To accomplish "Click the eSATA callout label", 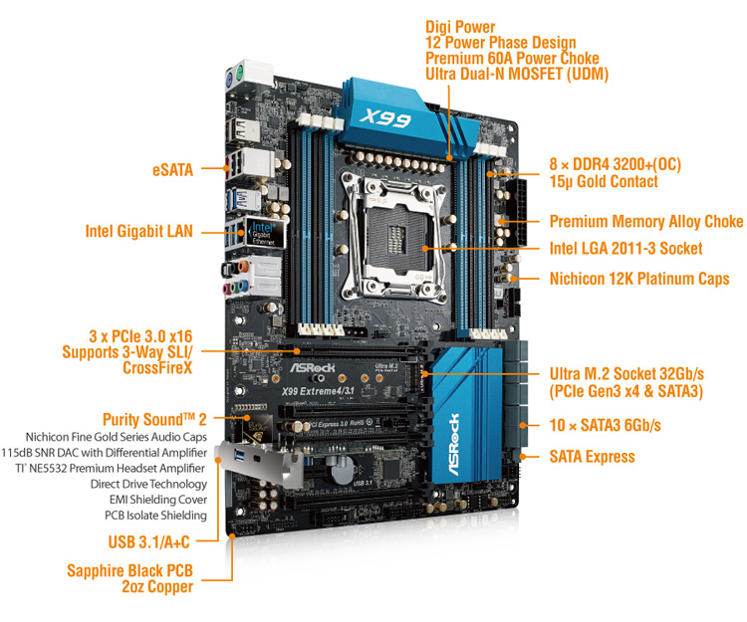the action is tap(172, 170).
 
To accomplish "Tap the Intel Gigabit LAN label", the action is tap(139, 231).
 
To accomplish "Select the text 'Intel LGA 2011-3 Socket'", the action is tap(626, 249).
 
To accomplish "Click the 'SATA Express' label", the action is tap(593, 457).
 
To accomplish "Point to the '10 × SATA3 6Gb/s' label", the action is tap(605, 426).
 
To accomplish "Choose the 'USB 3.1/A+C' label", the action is tap(148, 542).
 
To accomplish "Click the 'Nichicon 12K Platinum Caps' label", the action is tap(639, 279).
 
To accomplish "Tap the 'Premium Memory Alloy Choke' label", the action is tap(646, 221).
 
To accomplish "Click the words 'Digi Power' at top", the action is tap(460, 27).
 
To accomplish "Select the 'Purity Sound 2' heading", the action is tap(154, 419).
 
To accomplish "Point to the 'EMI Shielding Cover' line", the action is tap(158, 500).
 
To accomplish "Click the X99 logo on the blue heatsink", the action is tap(384, 117).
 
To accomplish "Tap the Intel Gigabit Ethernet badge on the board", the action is tap(265, 232).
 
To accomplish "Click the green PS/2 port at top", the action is tap(240, 72).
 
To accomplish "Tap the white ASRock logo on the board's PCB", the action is tap(313, 368).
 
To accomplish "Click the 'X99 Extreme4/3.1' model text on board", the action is tap(318, 391).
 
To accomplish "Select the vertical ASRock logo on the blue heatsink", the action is tap(454, 445).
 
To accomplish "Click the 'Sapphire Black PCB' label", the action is tap(129, 570).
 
